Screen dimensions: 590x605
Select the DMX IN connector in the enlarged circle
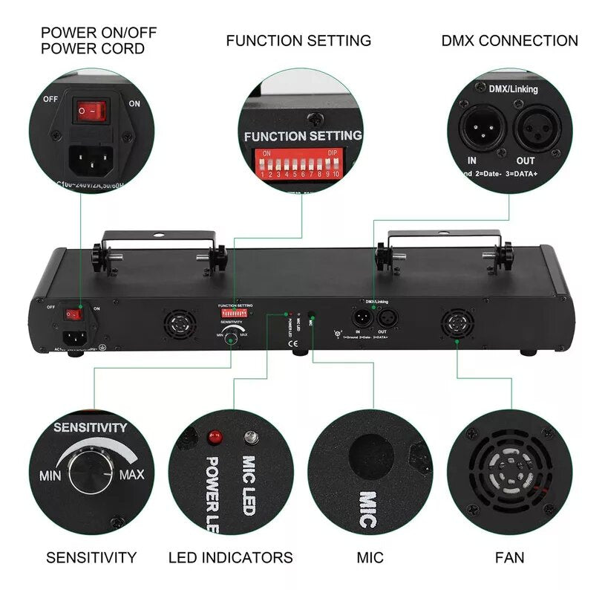[x=483, y=127]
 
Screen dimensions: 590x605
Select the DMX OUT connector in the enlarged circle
[x=536, y=127]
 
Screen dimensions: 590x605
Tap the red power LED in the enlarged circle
[x=215, y=435]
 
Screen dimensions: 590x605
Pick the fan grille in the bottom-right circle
[x=510, y=471]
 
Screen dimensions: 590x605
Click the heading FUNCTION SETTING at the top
[x=298, y=41]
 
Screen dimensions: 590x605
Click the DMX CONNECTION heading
[x=509, y=41]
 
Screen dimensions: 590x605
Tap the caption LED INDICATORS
[x=231, y=557]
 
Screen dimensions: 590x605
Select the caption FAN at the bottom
[x=509, y=557]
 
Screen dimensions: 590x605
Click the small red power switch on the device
[x=75, y=313]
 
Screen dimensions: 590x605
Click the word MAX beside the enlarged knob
[x=131, y=474]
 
